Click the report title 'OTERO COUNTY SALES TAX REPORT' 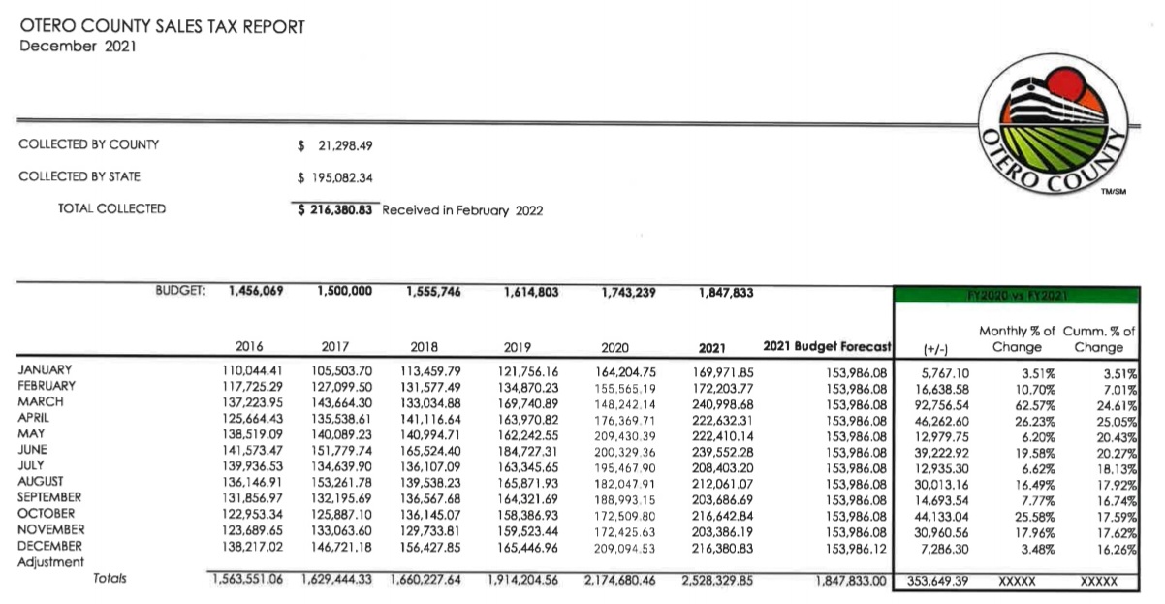click(x=162, y=26)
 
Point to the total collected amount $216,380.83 click(x=335, y=209)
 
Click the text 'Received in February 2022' click(x=462, y=209)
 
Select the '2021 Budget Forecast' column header click(x=827, y=346)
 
